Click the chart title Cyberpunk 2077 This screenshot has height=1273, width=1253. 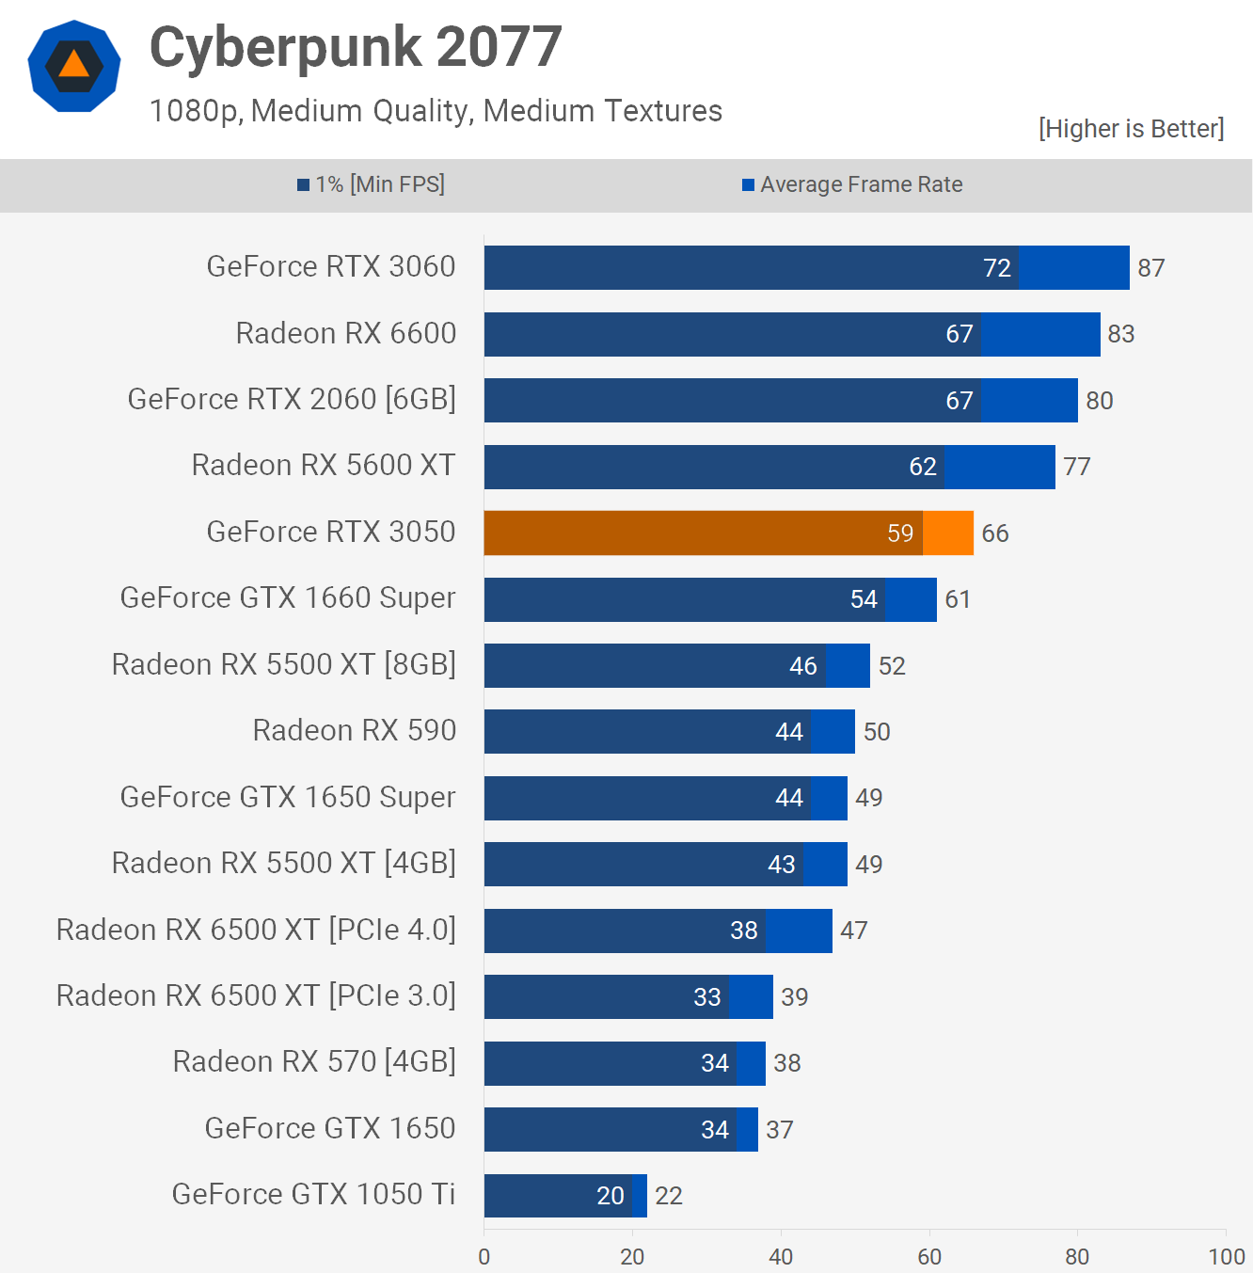pos(356,47)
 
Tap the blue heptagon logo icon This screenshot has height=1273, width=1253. pos(74,66)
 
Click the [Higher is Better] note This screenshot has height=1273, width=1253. pos(1131,129)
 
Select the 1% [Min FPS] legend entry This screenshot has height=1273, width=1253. pos(372,184)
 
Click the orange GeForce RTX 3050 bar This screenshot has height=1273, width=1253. pos(728,533)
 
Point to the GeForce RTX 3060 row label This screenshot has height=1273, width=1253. pos(331,267)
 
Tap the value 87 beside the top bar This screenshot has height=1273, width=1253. pos(1151,268)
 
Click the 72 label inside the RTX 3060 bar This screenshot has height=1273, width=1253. pos(997,268)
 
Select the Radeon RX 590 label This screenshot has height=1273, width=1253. pos(355,731)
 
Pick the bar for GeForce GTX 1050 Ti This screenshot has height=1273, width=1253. pos(565,1196)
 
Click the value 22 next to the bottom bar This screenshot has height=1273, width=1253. pos(669,1196)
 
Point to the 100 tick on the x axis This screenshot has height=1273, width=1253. pos(1227,1257)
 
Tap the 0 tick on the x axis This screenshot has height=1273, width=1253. pos(484,1257)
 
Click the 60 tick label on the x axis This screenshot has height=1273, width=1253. pos(929,1257)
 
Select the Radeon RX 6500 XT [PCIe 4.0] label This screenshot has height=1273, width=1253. pos(256,930)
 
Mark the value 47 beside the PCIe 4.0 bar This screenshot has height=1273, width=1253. pos(854,931)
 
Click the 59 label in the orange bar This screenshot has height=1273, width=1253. pos(900,533)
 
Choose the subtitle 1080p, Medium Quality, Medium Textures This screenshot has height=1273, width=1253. pos(436,111)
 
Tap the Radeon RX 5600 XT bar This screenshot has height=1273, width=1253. pos(769,467)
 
